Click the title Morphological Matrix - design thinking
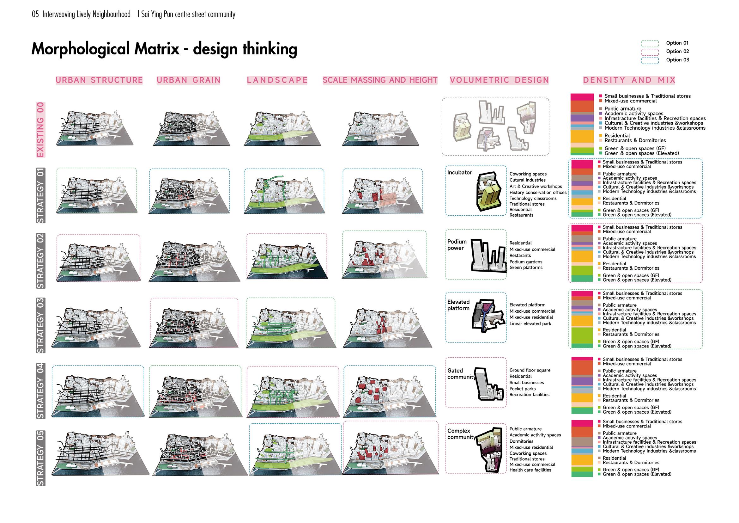coord(164,49)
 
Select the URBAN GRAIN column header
coord(188,80)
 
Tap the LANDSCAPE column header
coord(277,80)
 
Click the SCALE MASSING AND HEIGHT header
coord(380,80)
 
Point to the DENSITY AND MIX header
coord(629,80)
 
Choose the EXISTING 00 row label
coord(40,129)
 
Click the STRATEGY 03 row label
coord(40,325)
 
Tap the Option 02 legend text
coord(677,52)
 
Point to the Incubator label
coord(459,173)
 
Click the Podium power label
coord(457,245)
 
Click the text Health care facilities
coord(530,470)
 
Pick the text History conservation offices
coord(538,193)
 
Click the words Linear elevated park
coord(530,324)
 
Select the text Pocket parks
coord(522,389)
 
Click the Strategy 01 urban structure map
coord(97,193)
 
